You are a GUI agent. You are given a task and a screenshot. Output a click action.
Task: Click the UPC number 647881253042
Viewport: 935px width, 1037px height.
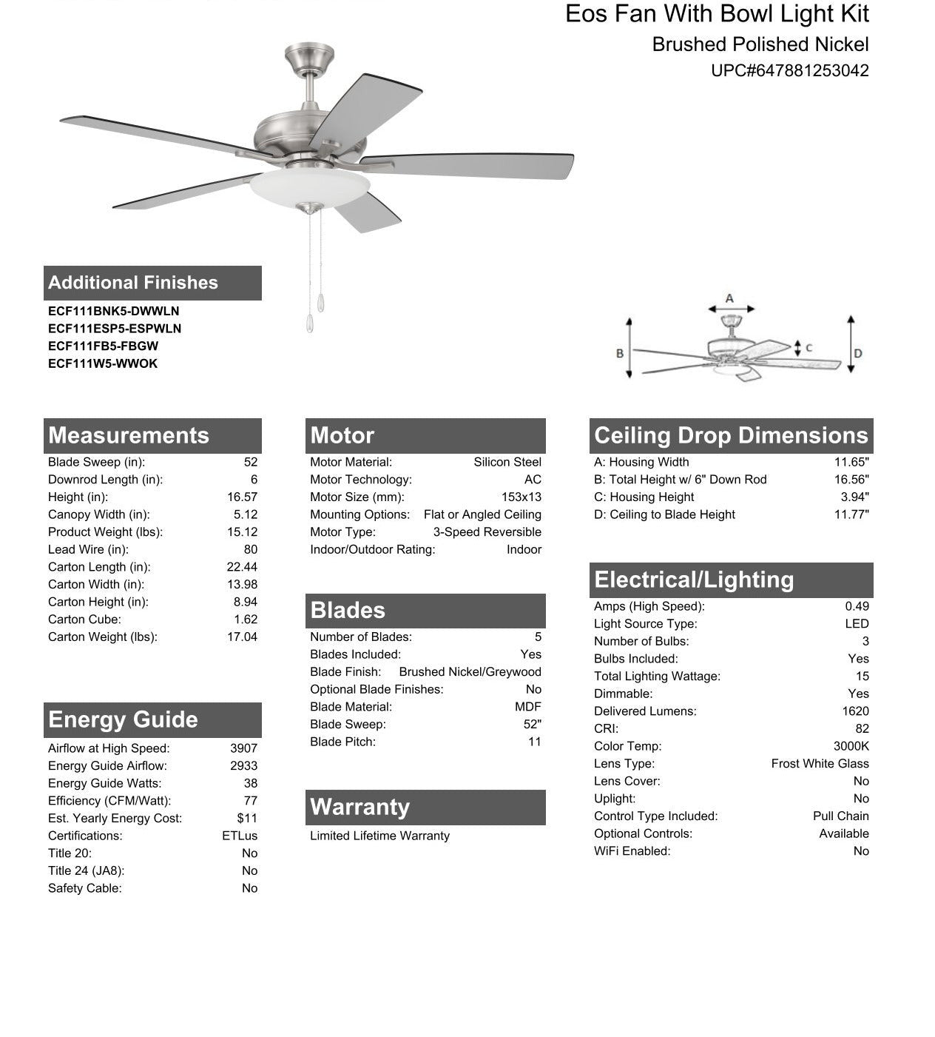[789, 71]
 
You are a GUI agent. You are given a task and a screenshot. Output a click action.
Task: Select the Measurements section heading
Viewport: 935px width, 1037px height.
[129, 435]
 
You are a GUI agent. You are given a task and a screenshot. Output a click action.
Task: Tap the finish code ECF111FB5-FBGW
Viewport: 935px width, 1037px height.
[103, 346]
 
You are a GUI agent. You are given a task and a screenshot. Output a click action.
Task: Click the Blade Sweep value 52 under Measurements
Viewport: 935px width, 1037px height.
[250, 462]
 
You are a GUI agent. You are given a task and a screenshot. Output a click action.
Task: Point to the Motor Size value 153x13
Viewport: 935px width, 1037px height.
[521, 497]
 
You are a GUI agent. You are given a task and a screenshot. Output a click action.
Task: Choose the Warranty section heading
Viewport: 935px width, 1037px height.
[360, 807]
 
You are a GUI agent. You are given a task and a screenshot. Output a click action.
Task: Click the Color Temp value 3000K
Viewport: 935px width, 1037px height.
[851, 746]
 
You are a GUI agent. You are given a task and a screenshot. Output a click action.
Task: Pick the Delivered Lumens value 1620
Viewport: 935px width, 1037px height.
[855, 711]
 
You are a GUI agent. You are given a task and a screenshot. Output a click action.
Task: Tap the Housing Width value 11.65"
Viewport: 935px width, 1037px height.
[851, 462]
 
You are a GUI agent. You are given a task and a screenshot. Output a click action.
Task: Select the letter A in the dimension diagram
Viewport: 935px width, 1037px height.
[729, 298]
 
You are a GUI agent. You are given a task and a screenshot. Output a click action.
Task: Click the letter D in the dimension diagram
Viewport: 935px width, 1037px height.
[858, 353]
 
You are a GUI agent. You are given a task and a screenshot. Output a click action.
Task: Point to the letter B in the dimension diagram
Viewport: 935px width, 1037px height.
[620, 353]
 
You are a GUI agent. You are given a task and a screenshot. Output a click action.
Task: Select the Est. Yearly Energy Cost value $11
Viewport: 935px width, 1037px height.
[247, 818]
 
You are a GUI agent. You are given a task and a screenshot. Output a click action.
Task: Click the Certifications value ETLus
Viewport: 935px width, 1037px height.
[240, 836]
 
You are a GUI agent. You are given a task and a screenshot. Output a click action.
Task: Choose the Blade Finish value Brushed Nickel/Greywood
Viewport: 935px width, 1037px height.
[470, 671]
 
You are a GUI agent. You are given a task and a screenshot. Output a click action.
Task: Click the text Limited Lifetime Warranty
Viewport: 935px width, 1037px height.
[379, 836]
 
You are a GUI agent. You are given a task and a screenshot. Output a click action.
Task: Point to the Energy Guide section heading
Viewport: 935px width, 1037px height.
[123, 719]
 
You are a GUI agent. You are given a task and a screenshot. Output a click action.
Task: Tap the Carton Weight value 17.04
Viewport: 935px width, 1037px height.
[242, 637]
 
